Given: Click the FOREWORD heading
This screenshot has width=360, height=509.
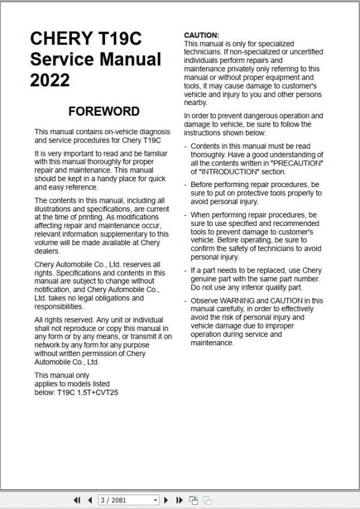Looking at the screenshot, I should click(104, 112).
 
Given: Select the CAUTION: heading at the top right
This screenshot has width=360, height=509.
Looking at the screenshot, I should click(202, 36).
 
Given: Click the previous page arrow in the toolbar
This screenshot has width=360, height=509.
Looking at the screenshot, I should click(90, 499).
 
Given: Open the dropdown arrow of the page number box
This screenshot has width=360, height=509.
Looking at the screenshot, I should click(156, 499).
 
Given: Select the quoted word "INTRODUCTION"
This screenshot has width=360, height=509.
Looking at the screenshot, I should click(230, 171).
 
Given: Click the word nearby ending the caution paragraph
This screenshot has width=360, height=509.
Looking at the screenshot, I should click(196, 103).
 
